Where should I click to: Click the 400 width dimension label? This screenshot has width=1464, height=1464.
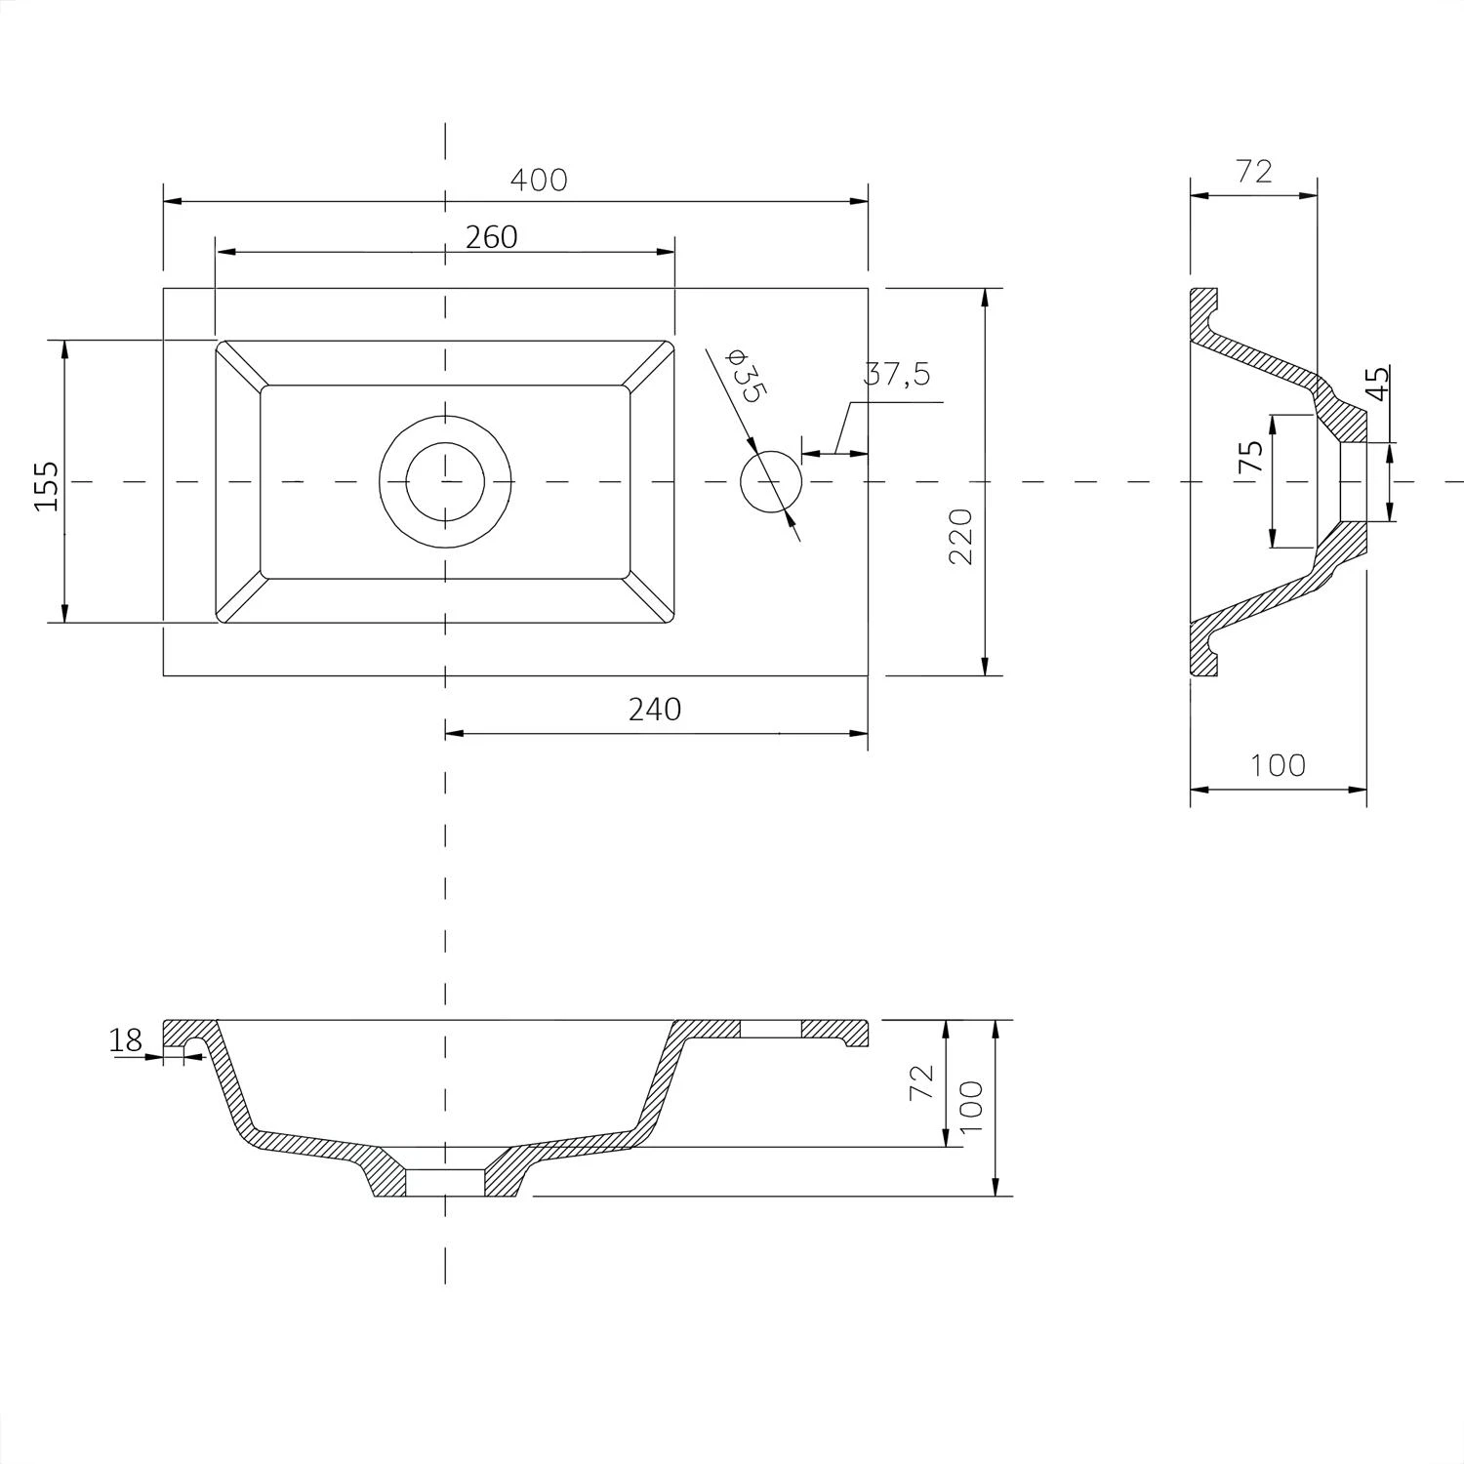[x=538, y=181]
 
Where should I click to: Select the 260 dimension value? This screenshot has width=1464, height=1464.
[x=491, y=237]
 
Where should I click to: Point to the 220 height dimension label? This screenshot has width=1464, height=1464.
[x=960, y=536]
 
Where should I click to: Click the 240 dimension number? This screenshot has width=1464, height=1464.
[x=654, y=710]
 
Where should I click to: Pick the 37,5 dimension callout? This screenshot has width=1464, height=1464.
[x=897, y=374]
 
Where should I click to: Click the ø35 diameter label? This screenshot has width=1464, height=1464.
[x=748, y=375]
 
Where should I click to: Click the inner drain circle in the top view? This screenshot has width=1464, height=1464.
[x=445, y=481]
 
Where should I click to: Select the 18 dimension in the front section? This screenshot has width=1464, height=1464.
[x=126, y=1040]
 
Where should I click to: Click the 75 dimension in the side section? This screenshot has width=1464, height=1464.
[x=1251, y=457]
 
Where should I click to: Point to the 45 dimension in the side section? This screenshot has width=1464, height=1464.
[x=1377, y=384]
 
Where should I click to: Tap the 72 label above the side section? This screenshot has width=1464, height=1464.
[x=1254, y=172]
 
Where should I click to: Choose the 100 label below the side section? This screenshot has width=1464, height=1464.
[x=1278, y=765]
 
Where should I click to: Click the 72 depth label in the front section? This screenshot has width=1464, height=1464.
[x=921, y=1083]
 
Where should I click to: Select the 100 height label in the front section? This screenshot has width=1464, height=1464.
[x=971, y=1106]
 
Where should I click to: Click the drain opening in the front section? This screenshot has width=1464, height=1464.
[x=445, y=1182]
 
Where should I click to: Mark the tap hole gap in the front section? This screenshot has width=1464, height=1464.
[x=771, y=1029]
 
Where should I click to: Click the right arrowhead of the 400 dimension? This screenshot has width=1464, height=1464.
[x=858, y=201]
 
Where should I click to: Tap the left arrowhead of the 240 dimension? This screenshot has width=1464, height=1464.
[x=456, y=732]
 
